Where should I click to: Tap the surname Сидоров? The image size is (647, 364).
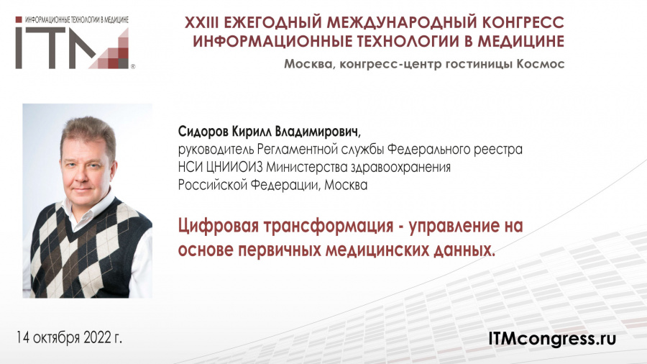point(203,132)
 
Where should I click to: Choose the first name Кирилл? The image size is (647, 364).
point(252,132)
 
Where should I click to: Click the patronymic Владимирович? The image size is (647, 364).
point(317,132)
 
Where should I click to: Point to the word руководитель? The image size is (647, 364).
point(216,150)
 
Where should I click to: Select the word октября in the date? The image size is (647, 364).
point(56,338)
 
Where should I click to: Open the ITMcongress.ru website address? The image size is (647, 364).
point(552,339)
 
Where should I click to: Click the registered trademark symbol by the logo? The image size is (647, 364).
point(132,66)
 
